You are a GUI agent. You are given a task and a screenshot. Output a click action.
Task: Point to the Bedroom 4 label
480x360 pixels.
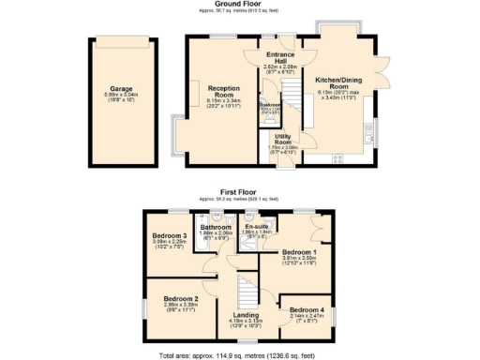pyautogui.click(x=307, y=311)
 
